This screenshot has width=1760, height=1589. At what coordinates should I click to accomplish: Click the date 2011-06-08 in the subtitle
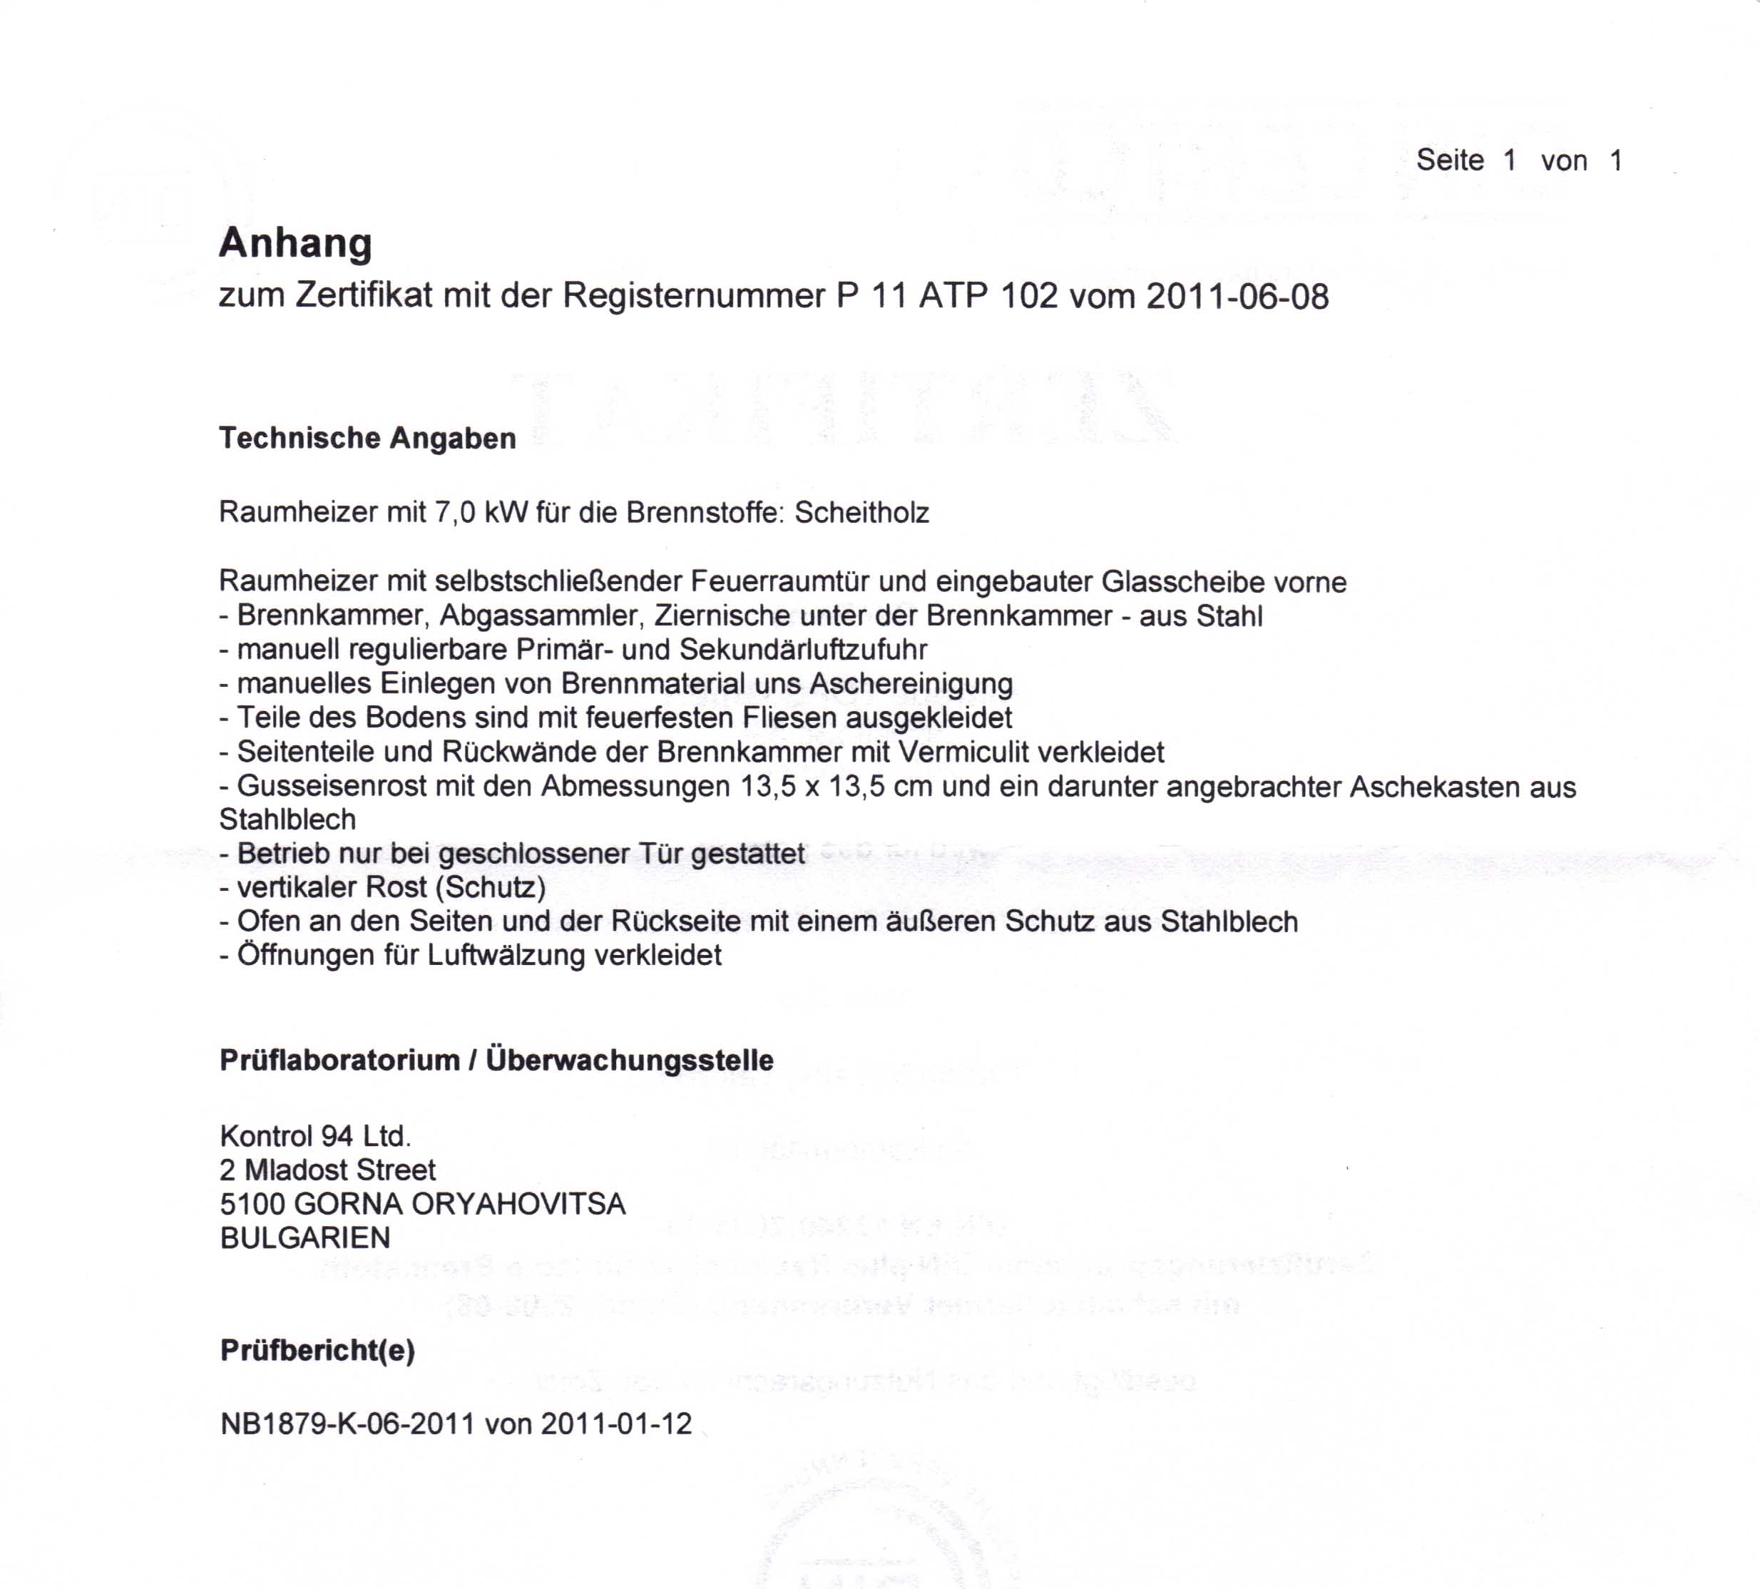(1237, 297)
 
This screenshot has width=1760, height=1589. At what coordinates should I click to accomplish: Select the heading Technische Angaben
(367, 439)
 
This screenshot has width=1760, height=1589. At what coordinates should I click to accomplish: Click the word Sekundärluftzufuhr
(803, 650)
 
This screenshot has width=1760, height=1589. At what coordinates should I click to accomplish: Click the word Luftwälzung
(506, 955)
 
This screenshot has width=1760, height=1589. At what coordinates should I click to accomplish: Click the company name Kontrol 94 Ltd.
(315, 1136)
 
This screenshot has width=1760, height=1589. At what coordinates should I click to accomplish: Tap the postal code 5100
(252, 1204)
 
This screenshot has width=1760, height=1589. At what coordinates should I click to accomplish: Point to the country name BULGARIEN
(305, 1238)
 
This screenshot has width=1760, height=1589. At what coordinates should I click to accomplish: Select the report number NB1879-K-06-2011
(347, 1424)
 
